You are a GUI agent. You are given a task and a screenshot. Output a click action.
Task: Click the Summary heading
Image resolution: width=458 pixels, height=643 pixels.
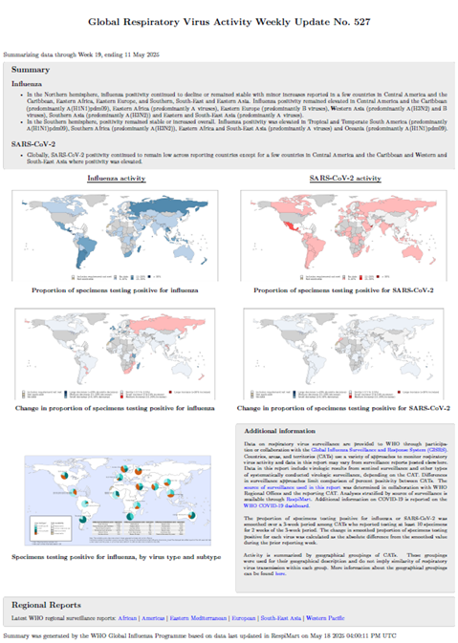pos(32,70)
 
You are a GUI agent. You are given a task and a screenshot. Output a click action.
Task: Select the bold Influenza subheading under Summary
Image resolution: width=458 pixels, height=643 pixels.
pos(28,83)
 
